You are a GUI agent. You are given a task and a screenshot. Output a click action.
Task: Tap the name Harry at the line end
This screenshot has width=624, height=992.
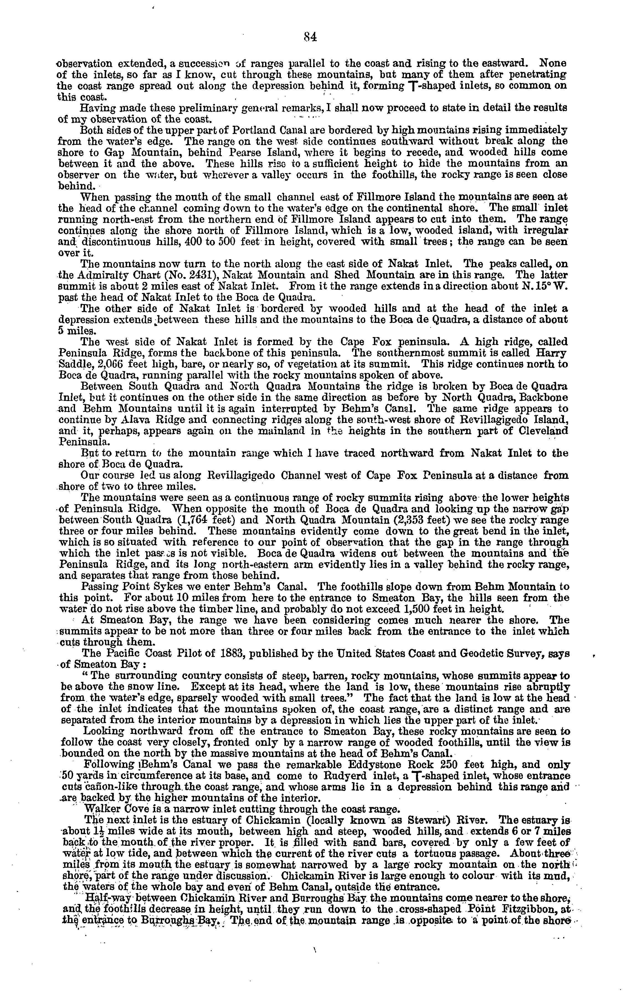pyautogui.click(x=551, y=353)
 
